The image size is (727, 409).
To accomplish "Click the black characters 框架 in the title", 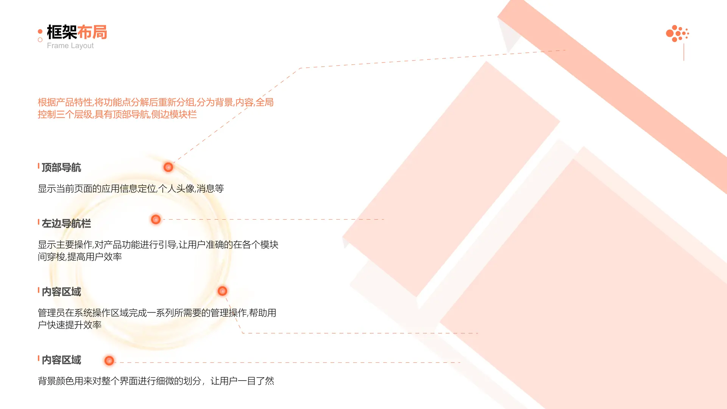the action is click(x=62, y=32).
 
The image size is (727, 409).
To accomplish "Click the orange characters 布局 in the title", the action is click(x=92, y=32).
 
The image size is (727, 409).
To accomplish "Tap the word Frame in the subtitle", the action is click(x=58, y=45).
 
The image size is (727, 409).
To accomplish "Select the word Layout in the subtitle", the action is click(x=82, y=46).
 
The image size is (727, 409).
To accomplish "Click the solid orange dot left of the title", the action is click(x=40, y=31).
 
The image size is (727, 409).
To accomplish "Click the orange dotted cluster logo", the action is click(x=677, y=33).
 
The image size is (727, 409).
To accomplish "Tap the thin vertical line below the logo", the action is click(x=684, y=52).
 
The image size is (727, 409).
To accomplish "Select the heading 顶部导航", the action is click(x=61, y=167).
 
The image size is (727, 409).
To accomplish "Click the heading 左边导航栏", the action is click(x=66, y=223).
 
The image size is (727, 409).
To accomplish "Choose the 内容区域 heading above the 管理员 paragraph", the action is click(x=61, y=292).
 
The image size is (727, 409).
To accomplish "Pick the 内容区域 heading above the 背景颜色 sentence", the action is click(x=61, y=360).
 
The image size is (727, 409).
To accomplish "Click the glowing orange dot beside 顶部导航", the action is click(x=168, y=167).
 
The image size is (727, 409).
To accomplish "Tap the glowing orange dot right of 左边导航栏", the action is click(x=156, y=219).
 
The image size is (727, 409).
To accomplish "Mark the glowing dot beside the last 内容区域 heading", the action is click(x=109, y=361).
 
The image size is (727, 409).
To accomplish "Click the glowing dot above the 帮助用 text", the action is click(x=222, y=291).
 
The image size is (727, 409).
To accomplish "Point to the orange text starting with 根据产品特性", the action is click(x=156, y=108).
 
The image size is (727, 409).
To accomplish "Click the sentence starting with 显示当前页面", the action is click(x=131, y=189).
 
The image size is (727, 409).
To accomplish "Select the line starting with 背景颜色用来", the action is click(x=156, y=381).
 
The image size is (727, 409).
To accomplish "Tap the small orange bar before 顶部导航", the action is click(x=39, y=166).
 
